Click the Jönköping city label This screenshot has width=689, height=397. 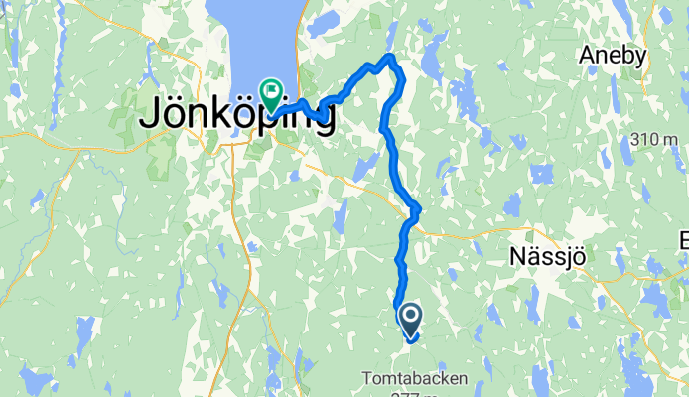[x=236, y=115]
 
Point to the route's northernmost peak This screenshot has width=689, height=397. [x=392, y=57]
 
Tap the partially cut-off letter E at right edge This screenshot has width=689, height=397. [x=684, y=241]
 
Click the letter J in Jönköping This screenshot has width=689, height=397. [x=150, y=115]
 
